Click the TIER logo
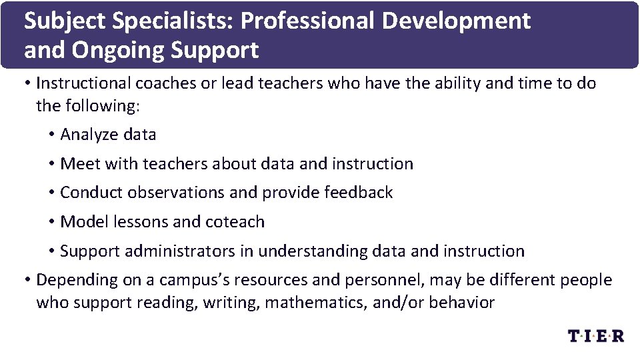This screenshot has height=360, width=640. (595, 335)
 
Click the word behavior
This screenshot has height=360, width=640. (461, 303)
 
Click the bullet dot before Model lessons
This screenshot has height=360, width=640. (51, 222)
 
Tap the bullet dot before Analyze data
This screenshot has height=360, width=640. (51, 135)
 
